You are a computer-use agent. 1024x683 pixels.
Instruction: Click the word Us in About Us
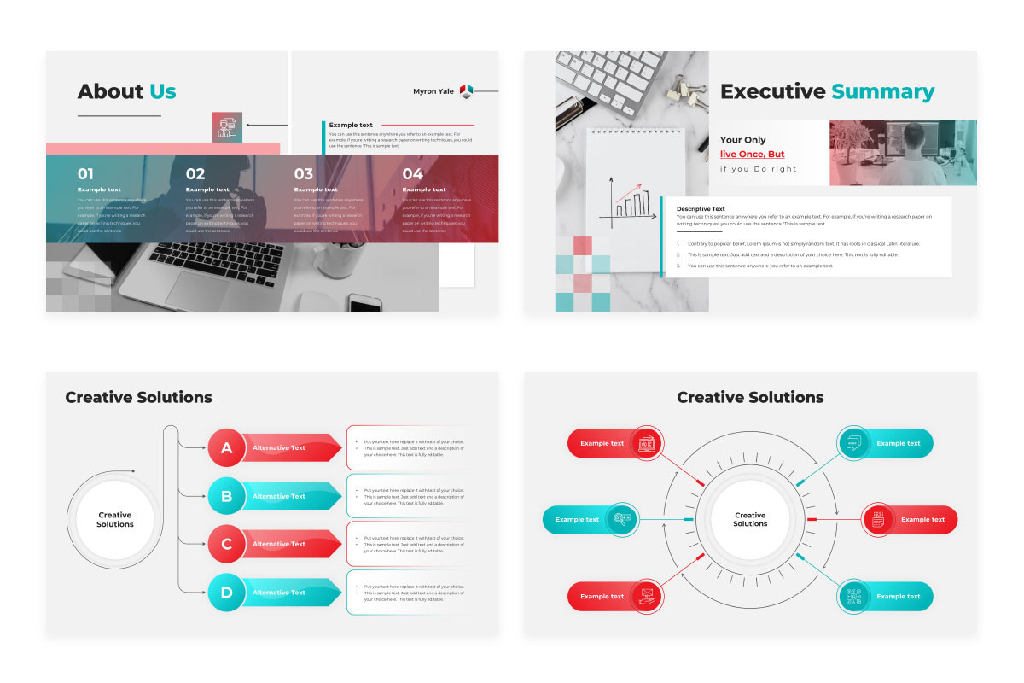[162, 91]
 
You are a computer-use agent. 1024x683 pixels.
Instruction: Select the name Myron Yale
[433, 91]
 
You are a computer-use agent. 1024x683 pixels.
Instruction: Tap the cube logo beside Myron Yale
[466, 90]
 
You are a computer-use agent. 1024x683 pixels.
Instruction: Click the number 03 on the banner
[304, 174]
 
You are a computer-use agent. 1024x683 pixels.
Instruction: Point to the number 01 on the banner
[86, 174]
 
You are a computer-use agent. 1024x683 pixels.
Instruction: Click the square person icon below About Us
[227, 127]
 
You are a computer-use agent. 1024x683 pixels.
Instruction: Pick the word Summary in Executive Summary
[883, 92]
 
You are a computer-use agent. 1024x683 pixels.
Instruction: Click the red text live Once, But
[752, 155]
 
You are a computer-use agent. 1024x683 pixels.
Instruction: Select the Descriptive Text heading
[701, 208]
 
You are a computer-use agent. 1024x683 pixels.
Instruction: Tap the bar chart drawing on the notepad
[630, 201]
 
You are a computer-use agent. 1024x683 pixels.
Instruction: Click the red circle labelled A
[227, 448]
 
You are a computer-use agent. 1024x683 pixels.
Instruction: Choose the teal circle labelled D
[227, 593]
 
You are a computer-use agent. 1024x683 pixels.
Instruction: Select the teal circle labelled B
[227, 496]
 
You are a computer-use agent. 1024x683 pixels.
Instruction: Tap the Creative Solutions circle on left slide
[115, 519]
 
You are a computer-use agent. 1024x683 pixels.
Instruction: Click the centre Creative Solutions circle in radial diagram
[750, 519]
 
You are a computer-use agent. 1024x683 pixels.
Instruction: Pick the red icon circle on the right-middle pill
[877, 519]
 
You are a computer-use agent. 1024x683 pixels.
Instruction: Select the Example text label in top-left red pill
[602, 443]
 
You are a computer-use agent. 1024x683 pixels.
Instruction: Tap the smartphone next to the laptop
[365, 303]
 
